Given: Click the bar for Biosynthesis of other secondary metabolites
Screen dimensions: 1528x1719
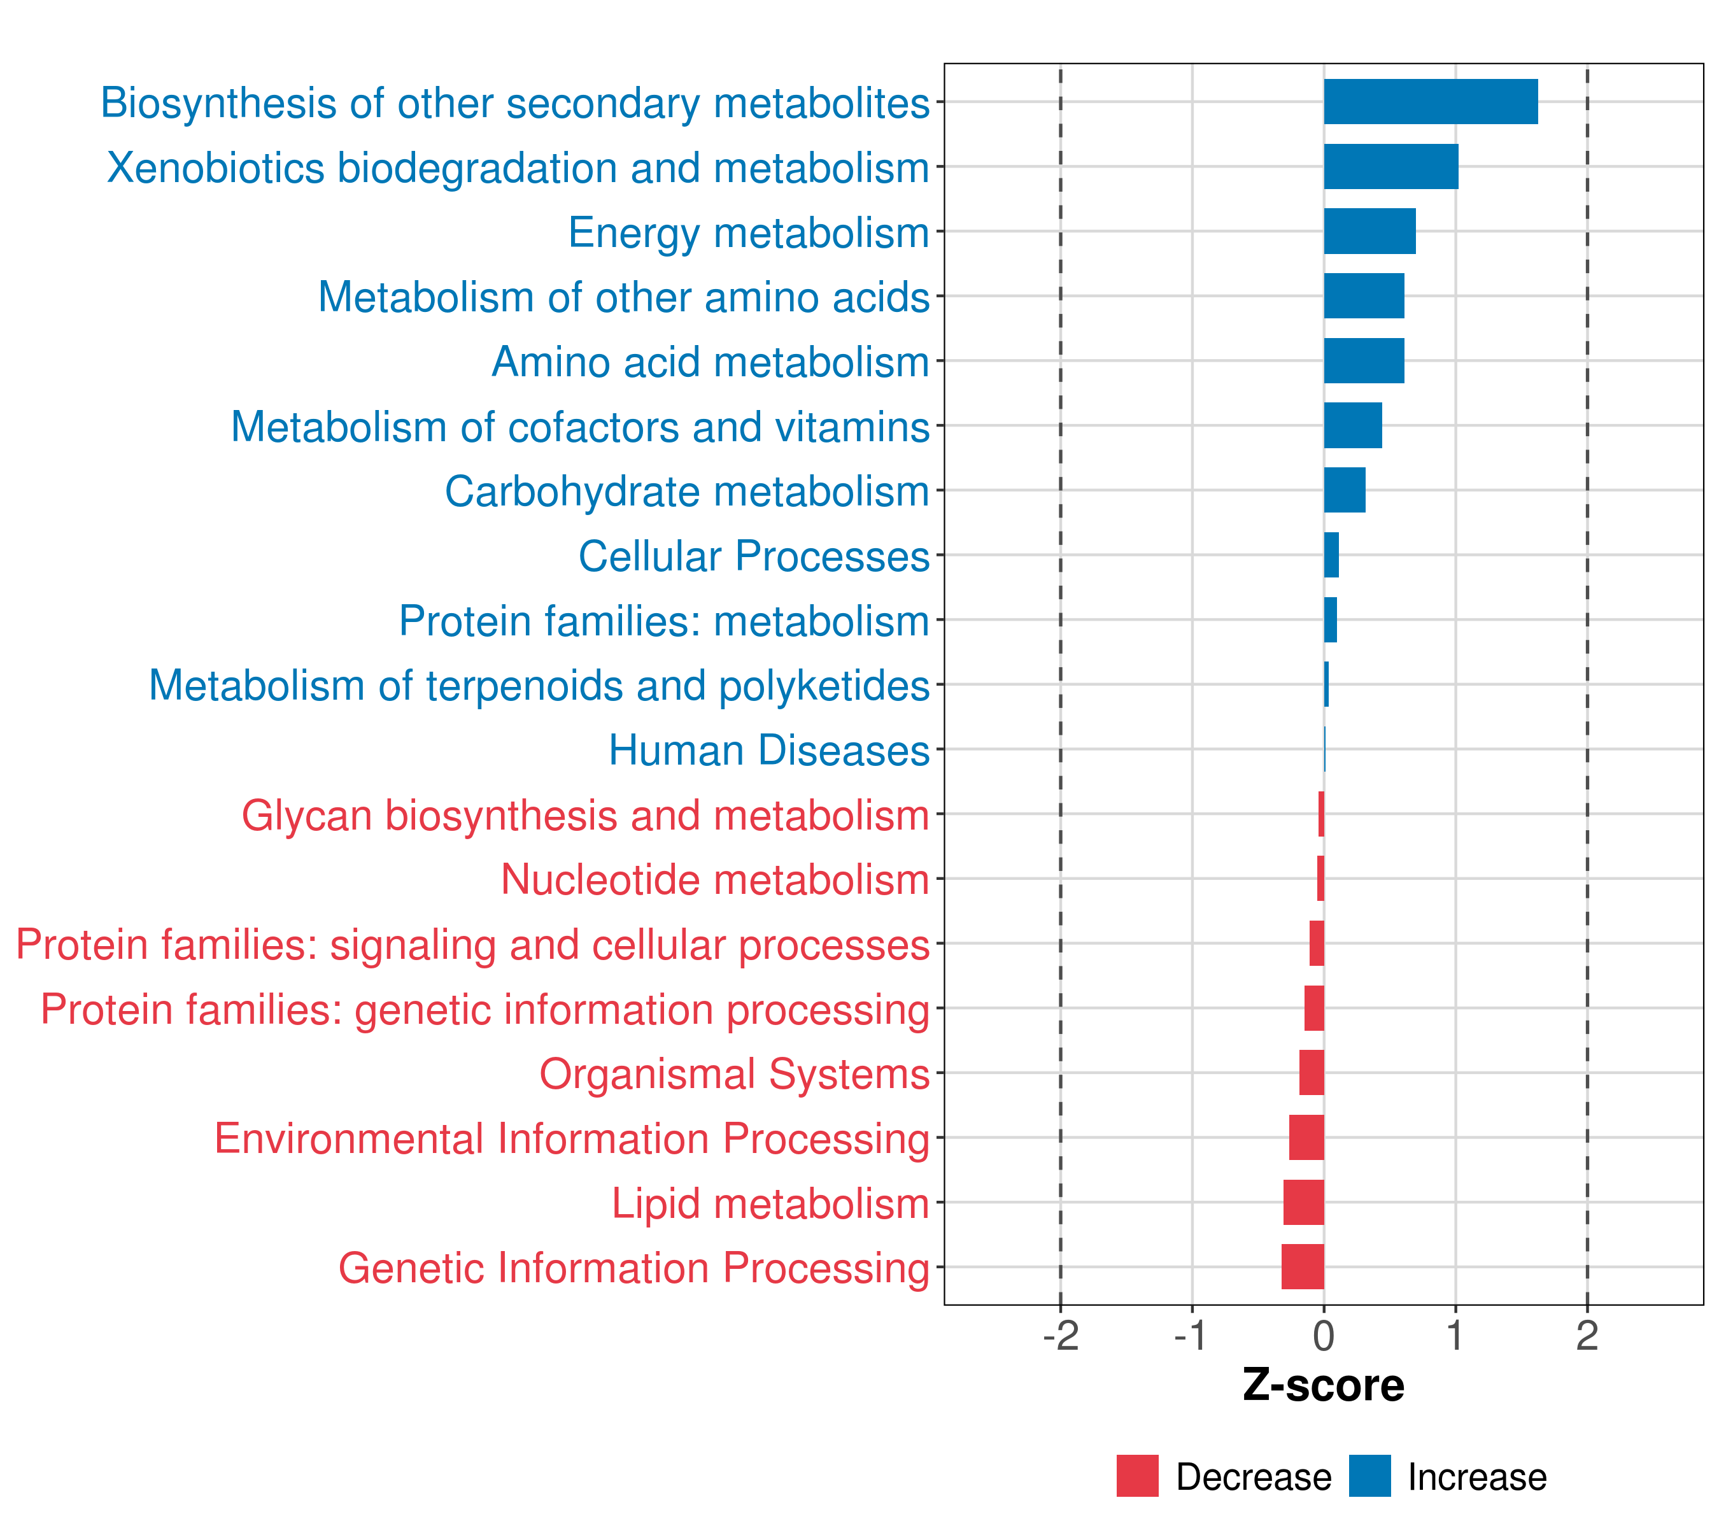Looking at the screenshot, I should point(1430,102).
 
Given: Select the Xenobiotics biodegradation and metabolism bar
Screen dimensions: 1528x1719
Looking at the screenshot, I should point(1390,167).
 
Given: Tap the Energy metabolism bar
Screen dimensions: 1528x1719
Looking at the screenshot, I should point(1369,231).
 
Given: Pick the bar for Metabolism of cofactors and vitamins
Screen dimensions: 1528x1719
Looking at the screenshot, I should point(1352,425).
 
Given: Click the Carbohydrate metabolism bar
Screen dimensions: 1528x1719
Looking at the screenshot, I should point(1344,490).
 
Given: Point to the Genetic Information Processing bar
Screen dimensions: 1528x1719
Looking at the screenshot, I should point(1303,1266).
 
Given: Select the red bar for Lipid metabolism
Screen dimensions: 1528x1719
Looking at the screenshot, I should point(1303,1202).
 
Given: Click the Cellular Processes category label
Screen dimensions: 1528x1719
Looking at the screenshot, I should point(754,556).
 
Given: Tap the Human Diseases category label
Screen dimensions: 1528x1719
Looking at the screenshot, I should point(768,750).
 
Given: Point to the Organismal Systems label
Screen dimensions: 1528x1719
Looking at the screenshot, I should point(734,1074).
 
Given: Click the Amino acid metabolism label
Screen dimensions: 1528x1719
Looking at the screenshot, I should point(711,362).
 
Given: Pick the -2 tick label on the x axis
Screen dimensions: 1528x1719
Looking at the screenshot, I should point(1061,1336).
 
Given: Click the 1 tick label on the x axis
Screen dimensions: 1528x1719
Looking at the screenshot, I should point(1455,1336).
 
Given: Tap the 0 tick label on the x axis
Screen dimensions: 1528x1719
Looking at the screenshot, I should point(1324,1336).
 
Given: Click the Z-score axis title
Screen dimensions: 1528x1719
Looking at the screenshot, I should point(1323,1386).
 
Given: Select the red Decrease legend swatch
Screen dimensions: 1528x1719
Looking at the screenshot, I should point(1137,1476).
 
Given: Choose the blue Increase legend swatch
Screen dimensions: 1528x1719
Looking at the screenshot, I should point(1369,1476).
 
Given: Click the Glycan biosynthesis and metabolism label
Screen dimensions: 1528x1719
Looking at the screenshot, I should point(585,815).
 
